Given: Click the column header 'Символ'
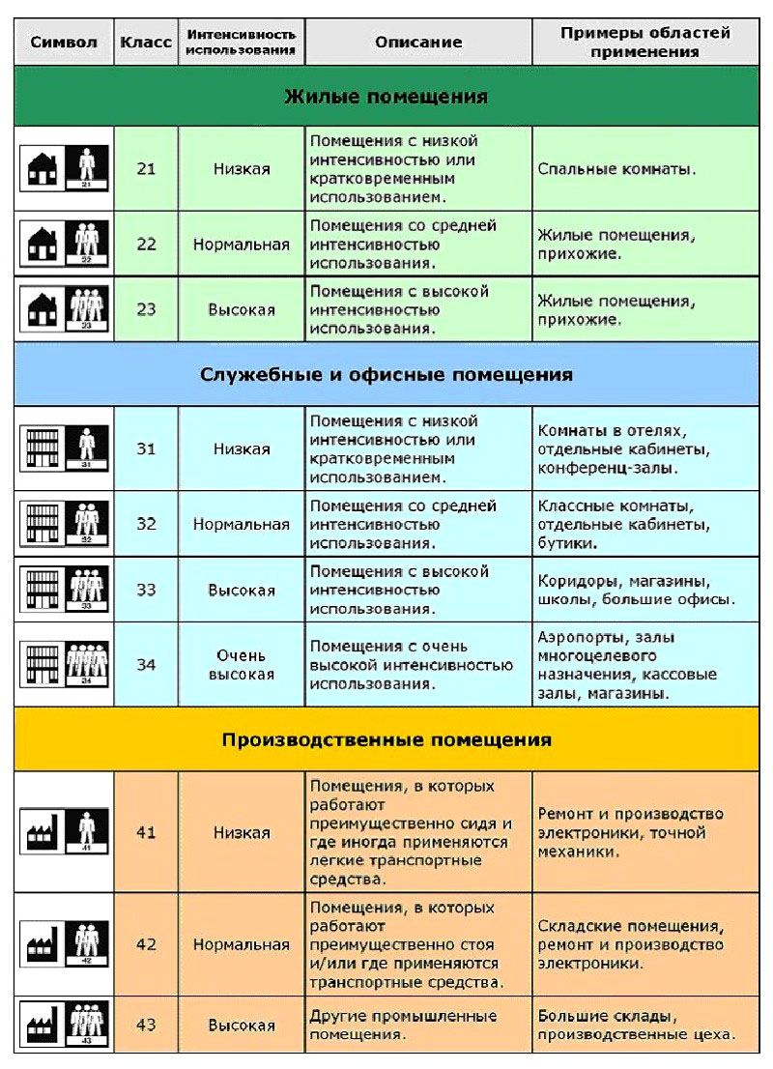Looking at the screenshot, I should click(64, 43).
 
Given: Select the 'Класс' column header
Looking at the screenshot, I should click(146, 43).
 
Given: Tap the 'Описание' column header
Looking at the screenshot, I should click(417, 43).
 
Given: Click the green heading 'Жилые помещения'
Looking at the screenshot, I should click(386, 97).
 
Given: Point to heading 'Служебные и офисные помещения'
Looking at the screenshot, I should click(386, 374).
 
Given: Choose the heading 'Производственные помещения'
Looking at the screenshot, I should click(386, 740).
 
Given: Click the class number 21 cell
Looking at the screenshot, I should click(146, 168).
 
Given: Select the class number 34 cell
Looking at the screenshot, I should click(146, 665).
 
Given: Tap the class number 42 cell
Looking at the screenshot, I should click(146, 944).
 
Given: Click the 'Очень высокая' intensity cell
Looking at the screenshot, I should click(241, 665).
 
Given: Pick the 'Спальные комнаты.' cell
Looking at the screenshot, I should click(616, 169).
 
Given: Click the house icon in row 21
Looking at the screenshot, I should click(43, 168).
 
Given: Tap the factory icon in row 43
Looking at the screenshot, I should click(43, 1024).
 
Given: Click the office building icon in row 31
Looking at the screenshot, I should click(43, 448).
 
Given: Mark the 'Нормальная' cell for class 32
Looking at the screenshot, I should click(241, 525).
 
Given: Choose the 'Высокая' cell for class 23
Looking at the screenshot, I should click(241, 310).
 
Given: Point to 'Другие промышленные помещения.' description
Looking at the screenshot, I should click(403, 1025).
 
